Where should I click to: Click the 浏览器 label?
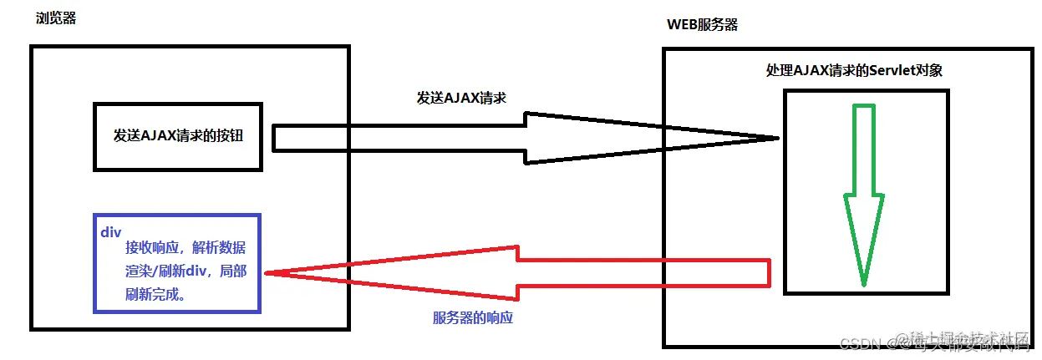tap(56, 18)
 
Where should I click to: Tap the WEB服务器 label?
tap(702, 24)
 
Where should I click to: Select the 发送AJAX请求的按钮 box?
tap(178, 136)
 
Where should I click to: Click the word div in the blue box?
tap(111, 232)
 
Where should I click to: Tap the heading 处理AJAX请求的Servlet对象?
tap(854, 71)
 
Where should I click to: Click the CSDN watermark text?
tap(856, 342)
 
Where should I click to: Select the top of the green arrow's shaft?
tap(863, 107)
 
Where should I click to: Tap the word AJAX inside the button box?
tap(158, 136)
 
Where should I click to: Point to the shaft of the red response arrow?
tap(643, 273)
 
